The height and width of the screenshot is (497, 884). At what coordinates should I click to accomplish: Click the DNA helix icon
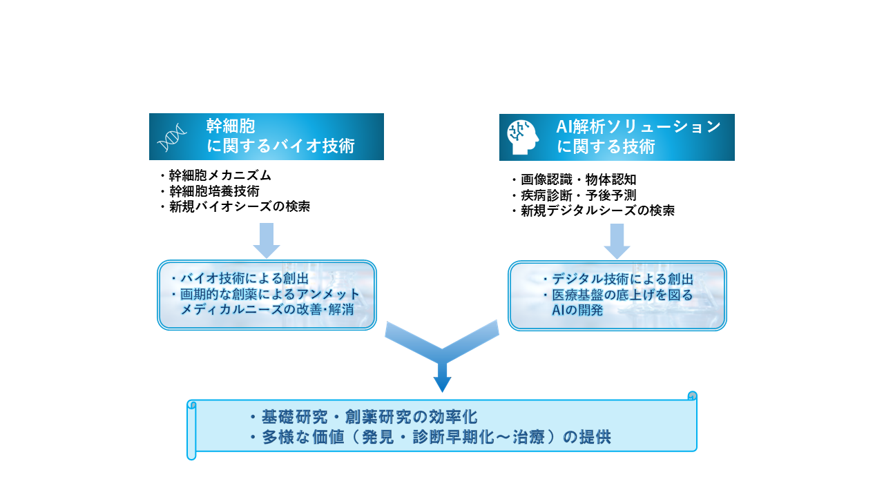click(172, 138)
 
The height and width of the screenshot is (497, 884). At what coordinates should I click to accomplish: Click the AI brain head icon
click(523, 137)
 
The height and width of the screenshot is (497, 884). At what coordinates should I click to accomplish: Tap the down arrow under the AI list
click(617, 240)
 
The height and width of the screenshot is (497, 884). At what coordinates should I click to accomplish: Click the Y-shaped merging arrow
click(442, 352)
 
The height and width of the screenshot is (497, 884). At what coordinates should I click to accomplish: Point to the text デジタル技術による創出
click(622, 279)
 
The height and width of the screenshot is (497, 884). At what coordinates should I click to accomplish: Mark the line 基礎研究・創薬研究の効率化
click(369, 418)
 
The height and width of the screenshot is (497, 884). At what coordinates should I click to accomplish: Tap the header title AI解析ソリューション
click(639, 127)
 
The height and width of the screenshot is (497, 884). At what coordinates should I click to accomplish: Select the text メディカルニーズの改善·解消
click(267, 309)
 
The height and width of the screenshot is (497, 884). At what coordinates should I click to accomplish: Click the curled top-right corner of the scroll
click(692, 396)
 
